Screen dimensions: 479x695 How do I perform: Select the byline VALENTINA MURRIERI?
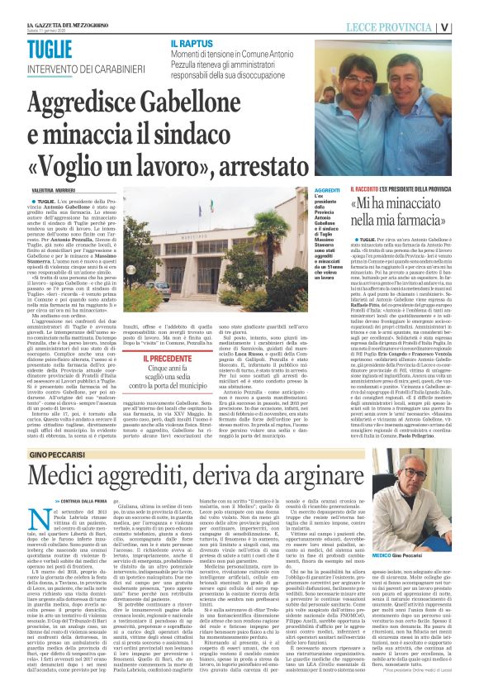tap(49, 191)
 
